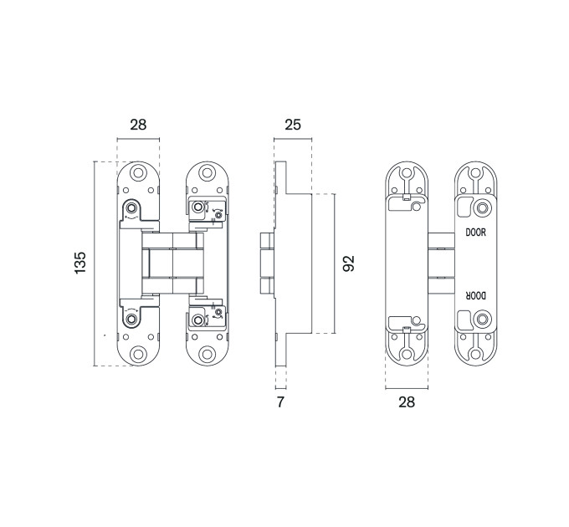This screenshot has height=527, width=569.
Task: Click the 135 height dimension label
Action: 80,263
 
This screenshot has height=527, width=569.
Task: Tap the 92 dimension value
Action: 349,263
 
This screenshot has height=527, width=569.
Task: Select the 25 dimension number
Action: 293,125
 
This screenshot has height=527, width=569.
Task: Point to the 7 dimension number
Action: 280,402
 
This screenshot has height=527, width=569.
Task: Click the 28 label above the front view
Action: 138,125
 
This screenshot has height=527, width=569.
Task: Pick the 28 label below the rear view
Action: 407,402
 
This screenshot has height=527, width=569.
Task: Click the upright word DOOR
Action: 476,233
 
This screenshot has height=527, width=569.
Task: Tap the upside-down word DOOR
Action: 476,296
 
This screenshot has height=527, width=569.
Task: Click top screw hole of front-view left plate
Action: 138,172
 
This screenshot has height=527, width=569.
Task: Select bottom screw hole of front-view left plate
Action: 138,354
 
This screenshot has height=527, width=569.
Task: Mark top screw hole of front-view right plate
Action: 207,172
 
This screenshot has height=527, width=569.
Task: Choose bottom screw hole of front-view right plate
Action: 207,354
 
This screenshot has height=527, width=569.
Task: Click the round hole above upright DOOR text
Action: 482,208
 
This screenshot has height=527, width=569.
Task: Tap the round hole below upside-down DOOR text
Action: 482,320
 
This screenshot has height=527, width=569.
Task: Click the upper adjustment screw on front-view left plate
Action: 131,207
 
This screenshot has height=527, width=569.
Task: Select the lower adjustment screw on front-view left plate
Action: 131,320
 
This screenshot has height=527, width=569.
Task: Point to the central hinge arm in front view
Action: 172,263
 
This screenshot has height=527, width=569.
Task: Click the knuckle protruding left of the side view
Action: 267,263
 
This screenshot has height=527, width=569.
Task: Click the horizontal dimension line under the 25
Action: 293,139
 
